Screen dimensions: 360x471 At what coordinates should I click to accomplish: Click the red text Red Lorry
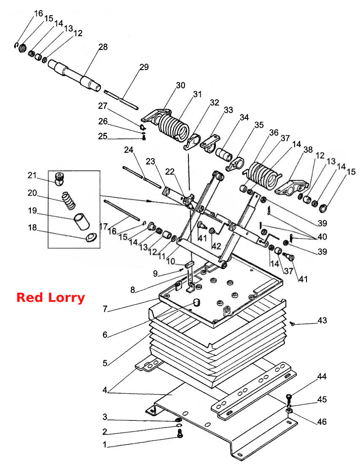51,298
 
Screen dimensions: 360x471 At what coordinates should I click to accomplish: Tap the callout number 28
103,47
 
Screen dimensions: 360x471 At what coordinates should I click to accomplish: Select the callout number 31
197,94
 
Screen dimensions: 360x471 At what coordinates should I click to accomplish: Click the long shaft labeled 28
75,75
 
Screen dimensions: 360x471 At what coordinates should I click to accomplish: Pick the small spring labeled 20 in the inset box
68,200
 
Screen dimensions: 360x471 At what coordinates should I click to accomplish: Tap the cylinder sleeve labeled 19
81,221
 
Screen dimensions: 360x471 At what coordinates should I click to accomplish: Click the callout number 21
32,175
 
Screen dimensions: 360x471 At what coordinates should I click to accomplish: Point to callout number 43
322,320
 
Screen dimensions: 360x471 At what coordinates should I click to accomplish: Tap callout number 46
322,422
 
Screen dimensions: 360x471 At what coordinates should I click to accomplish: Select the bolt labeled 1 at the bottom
180,433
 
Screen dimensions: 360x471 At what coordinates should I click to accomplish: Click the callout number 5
105,363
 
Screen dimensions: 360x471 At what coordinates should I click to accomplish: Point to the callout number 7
105,309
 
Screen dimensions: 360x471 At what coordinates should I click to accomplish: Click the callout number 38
308,150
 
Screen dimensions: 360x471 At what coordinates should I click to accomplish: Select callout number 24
129,150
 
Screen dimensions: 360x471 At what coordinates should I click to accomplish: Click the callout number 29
144,67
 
